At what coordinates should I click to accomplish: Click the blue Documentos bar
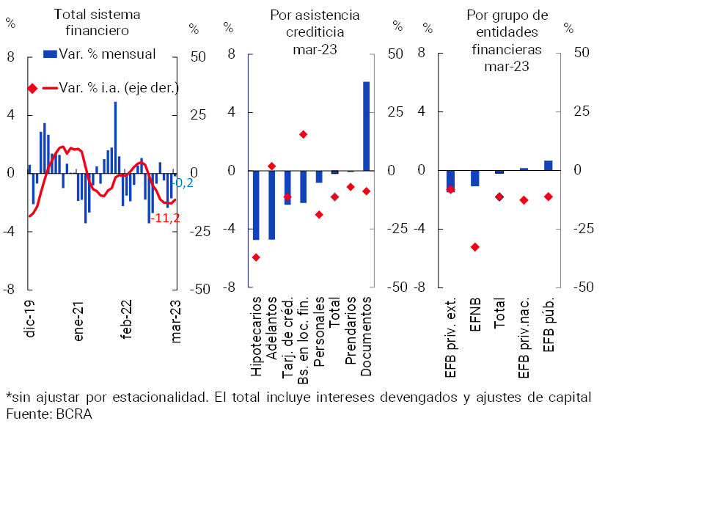(366, 126)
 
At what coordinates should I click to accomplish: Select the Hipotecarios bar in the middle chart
(256, 205)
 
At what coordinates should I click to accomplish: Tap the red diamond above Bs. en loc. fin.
(303, 134)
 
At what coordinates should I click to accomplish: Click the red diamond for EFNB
(474, 247)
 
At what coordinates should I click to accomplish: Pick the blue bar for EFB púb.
(548, 165)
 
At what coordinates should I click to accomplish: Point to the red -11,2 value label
(165, 217)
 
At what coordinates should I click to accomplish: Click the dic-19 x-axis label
(30, 318)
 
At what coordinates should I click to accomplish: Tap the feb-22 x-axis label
(127, 319)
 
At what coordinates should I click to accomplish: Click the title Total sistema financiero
(97, 22)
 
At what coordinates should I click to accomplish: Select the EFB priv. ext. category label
(450, 338)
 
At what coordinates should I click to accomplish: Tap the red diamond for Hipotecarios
(256, 257)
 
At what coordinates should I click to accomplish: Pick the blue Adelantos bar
(271, 205)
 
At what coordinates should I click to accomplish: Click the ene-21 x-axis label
(78, 319)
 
